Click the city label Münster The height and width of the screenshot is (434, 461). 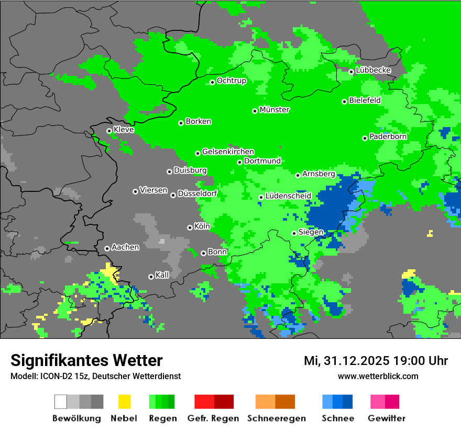[x=274, y=110]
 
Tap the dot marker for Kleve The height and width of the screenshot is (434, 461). [x=109, y=131]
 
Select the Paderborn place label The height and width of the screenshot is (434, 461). [x=388, y=136]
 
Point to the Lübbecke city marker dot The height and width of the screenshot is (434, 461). [x=351, y=72]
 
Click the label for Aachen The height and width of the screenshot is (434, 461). [x=125, y=247]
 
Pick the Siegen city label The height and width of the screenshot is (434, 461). [x=311, y=232]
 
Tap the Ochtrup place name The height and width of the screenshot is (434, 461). [x=231, y=81]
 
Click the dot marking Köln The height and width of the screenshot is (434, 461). [x=190, y=227]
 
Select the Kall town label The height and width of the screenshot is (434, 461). [x=162, y=275]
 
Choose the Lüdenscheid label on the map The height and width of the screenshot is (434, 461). [x=288, y=196]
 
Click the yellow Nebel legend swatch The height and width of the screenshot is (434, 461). [x=124, y=402]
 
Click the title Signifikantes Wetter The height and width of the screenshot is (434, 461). [x=86, y=360]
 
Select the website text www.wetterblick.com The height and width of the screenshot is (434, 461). [x=378, y=376]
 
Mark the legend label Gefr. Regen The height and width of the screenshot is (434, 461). [x=213, y=418]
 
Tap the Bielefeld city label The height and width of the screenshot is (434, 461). [x=365, y=100]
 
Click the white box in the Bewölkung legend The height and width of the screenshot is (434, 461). [x=61, y=402]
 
